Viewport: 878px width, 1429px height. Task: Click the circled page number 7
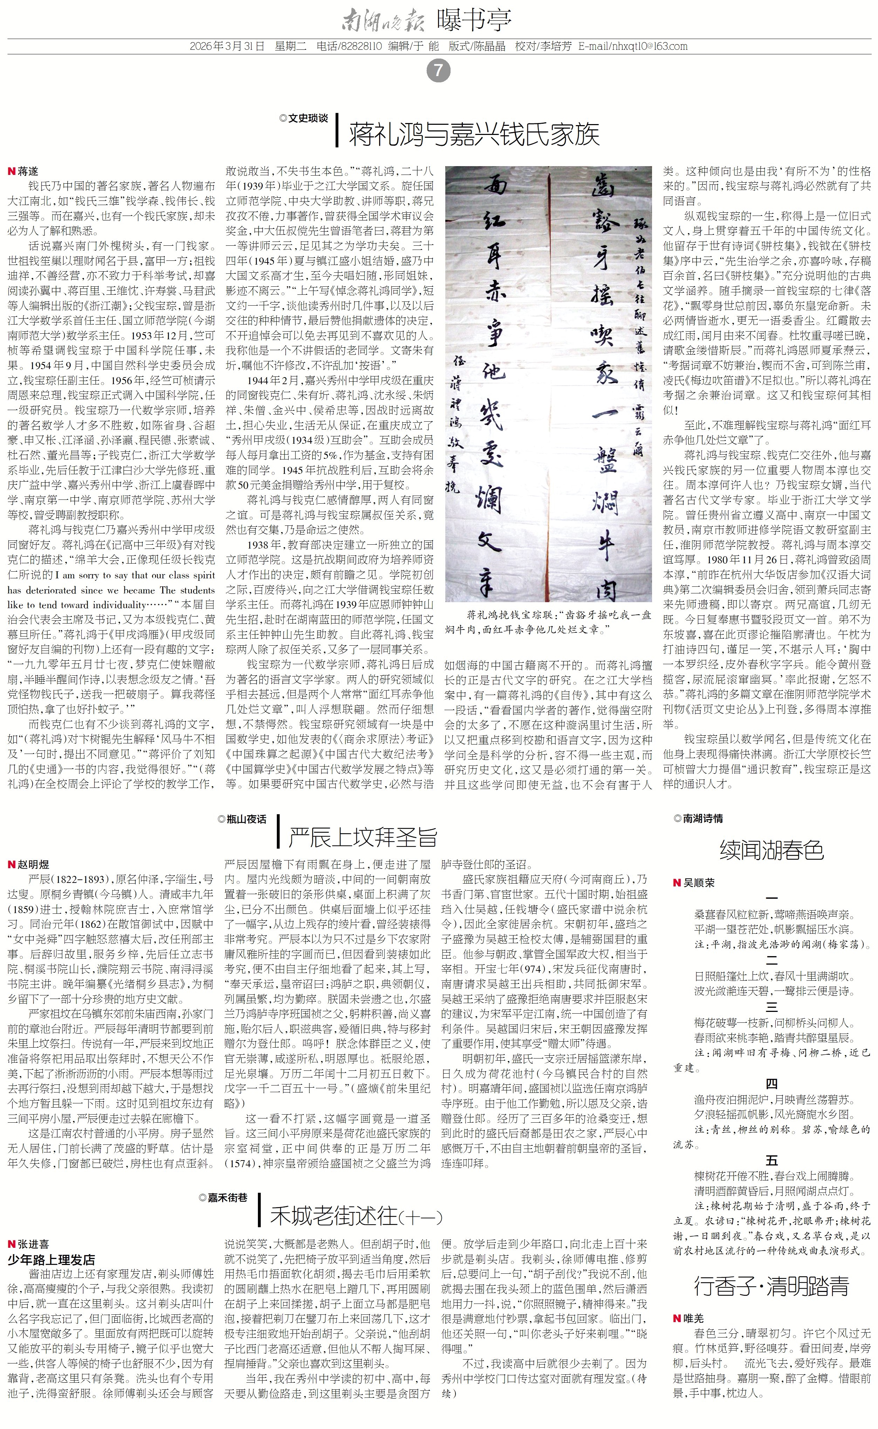[438, 71]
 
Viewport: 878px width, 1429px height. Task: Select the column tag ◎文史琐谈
[303, 118]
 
